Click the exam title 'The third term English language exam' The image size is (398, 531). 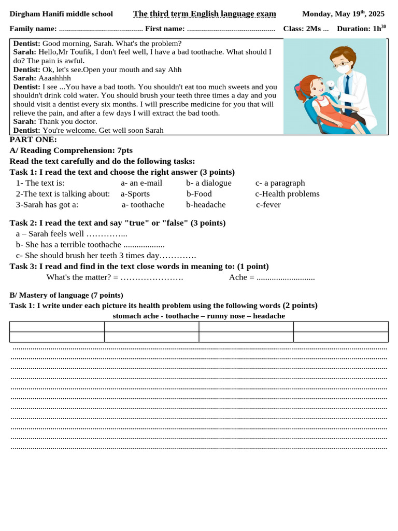(x=204, y=14)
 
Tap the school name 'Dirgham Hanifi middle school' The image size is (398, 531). (x=61, y=14)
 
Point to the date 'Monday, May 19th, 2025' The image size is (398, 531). (x=343, y=13)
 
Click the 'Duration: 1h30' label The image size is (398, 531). (x=361, y=29)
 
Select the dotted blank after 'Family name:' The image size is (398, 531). (x=101, y=29)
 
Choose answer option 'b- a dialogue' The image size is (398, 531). (x=209, y=183)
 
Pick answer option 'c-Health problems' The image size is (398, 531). (x=287, y=194)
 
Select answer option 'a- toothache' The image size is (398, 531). (x=143, y=205)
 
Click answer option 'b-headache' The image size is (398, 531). (x=206, y=205)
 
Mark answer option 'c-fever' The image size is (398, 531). (x=268, y=205)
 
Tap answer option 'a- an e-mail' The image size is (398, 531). (x=141, y=183)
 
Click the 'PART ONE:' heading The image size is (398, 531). (x=33, y=139)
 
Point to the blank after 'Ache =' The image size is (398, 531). (x=286, y=277)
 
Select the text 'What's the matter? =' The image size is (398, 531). (x=82, y=277)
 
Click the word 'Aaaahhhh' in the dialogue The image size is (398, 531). (x=55, y=78)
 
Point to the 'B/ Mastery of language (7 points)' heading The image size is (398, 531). (x=66, y=295)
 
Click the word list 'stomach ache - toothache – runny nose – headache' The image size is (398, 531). (x=198, y=316)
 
